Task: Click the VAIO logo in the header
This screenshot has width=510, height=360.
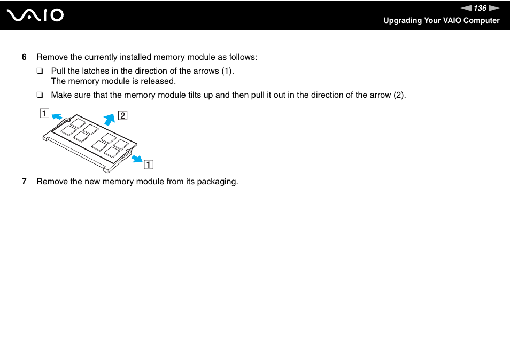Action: coord(35,15)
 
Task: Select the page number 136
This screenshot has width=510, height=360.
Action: coord(480,8)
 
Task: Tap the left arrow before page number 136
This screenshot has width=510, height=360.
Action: coord(467,8)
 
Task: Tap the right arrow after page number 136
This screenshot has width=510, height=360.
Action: coord(493,8)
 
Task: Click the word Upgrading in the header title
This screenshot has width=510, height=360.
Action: coord(403,20)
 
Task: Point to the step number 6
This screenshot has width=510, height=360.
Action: coord(24,57)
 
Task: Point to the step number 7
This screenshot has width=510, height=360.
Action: coord(24,182)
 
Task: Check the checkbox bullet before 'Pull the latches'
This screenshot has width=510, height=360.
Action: coord(40,71)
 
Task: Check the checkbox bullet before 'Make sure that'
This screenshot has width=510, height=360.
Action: coord(40,96)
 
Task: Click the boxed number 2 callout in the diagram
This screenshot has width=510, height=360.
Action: coord(122,115)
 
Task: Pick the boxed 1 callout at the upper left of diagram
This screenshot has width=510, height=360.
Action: coord(43,113)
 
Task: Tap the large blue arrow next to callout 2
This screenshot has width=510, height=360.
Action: coord(110,119)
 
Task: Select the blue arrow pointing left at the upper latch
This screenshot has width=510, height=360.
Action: coord(57,116)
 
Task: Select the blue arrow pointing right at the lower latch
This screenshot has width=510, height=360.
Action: coord(136,158)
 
